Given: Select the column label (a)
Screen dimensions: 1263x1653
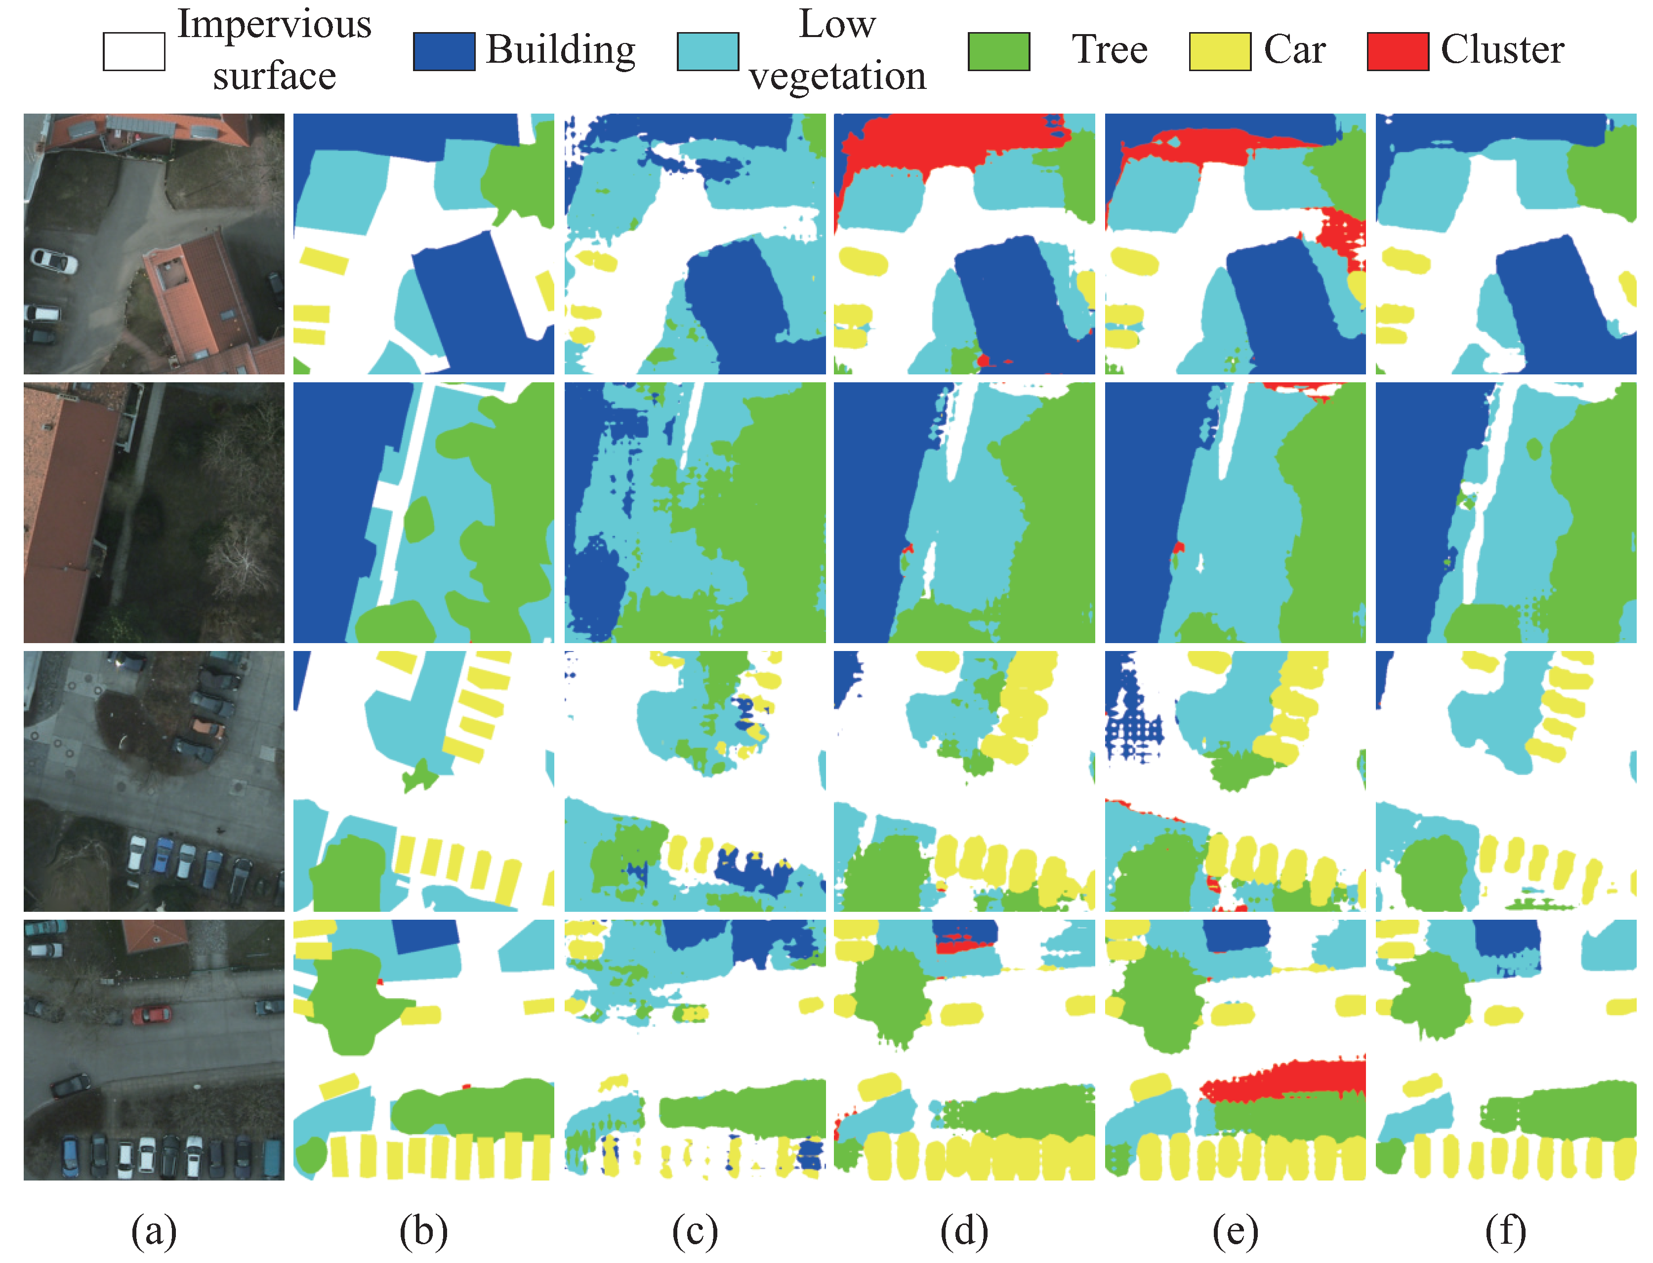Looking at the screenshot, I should click(x=154, y=1231).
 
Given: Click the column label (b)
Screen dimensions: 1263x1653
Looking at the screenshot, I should click(x=423, y=1231).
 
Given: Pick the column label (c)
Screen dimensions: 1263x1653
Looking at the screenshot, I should click(x=695, y=1231).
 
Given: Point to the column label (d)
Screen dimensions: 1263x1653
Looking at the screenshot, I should click(x=964, y=1231).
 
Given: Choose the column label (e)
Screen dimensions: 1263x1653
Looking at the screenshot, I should click(x=1235, y=1231).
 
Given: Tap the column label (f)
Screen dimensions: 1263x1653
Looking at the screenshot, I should click(x=1506, y=1231).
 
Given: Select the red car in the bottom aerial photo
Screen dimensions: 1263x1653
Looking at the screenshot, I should click(x=152, y=1014).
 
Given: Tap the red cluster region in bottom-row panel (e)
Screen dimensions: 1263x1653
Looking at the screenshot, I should click(x=1293, y=1080).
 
